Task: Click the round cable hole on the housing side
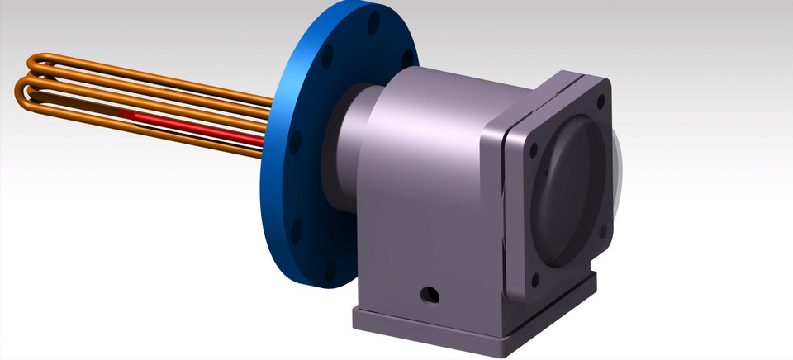[x=430, y=293]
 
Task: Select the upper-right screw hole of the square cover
[x=600, y=102]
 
